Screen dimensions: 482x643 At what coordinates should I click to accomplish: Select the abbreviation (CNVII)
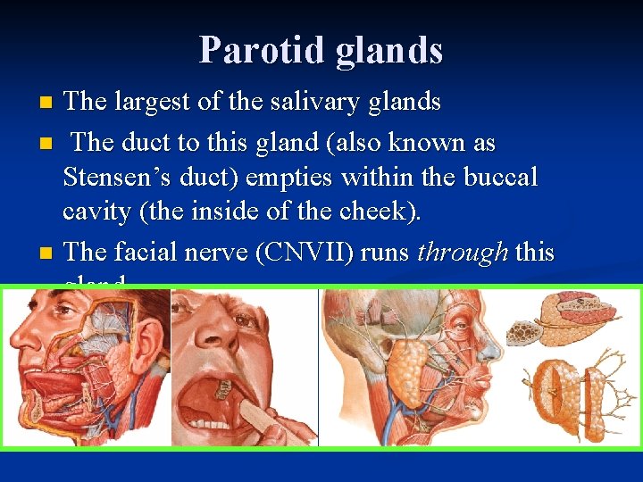click(304, 253)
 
